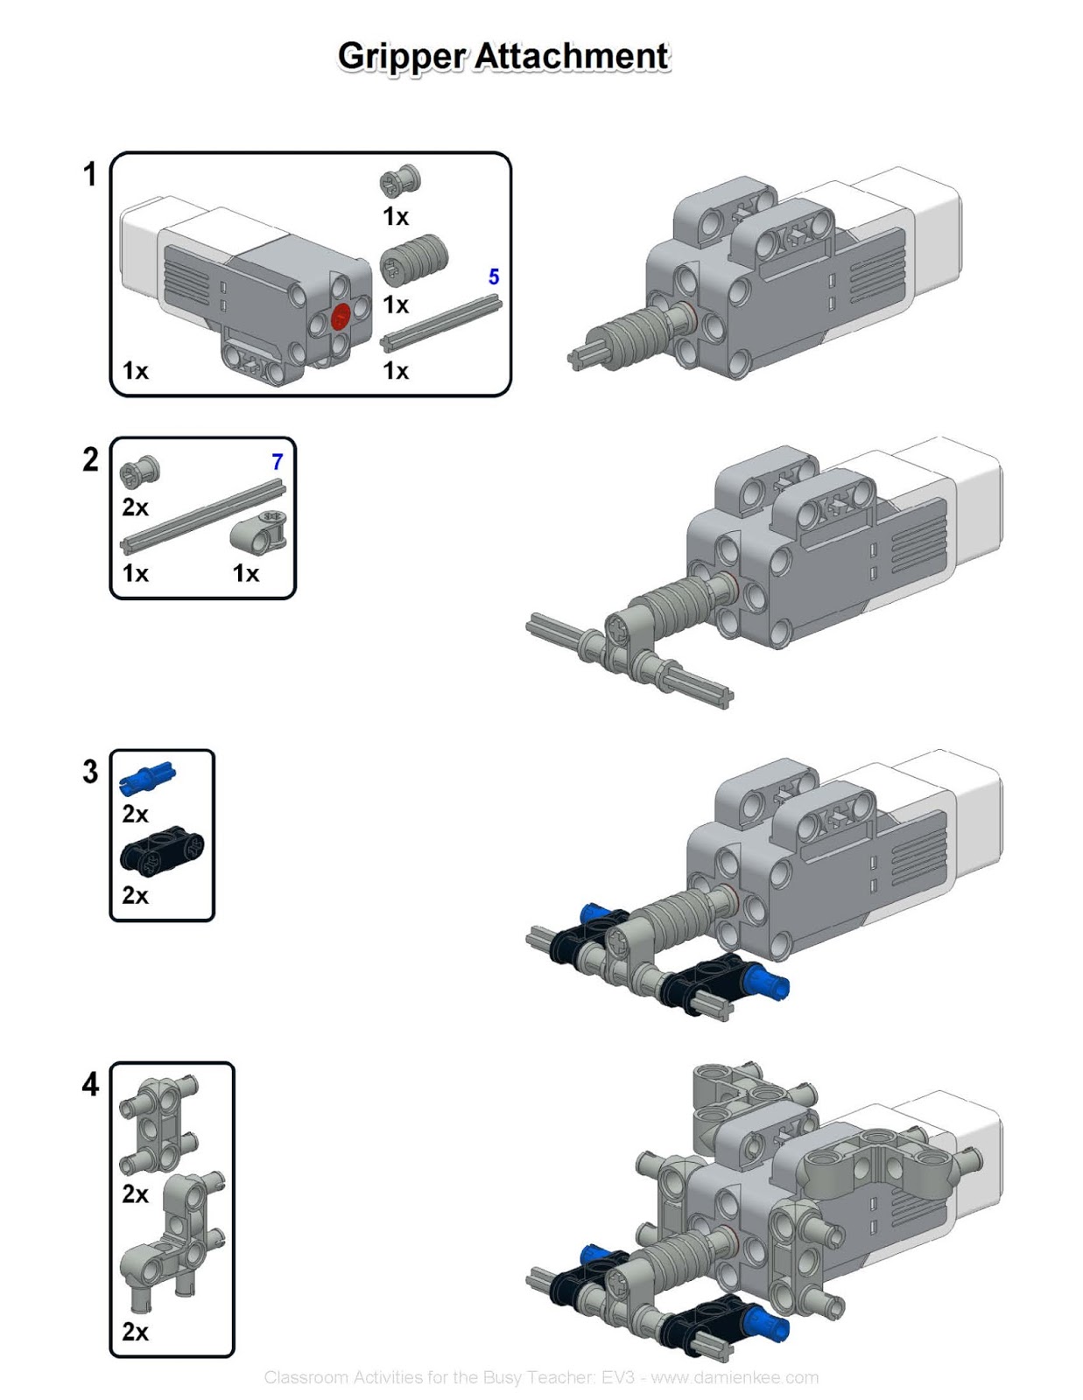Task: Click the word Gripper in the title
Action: pos(401,56)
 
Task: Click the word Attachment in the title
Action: pos(573,56)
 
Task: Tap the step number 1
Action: pos(89,174)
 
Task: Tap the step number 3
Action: pos(90,772)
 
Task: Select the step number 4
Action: pos(90,1084)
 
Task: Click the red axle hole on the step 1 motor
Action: pos(341,317)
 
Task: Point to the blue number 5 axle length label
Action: pos(494,276)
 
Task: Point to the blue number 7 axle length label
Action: pos(277,461)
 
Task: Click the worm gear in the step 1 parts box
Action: pos(413,259)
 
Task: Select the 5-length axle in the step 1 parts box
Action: pos(441,324)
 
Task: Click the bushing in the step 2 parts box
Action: pos(139,472)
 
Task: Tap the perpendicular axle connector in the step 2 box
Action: pos(260,531)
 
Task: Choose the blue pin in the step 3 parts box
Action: pos(147,777)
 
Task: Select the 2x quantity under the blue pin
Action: pos(135,814)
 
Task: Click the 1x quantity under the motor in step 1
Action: pos(135,371)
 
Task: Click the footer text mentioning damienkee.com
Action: pos(541,1377)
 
